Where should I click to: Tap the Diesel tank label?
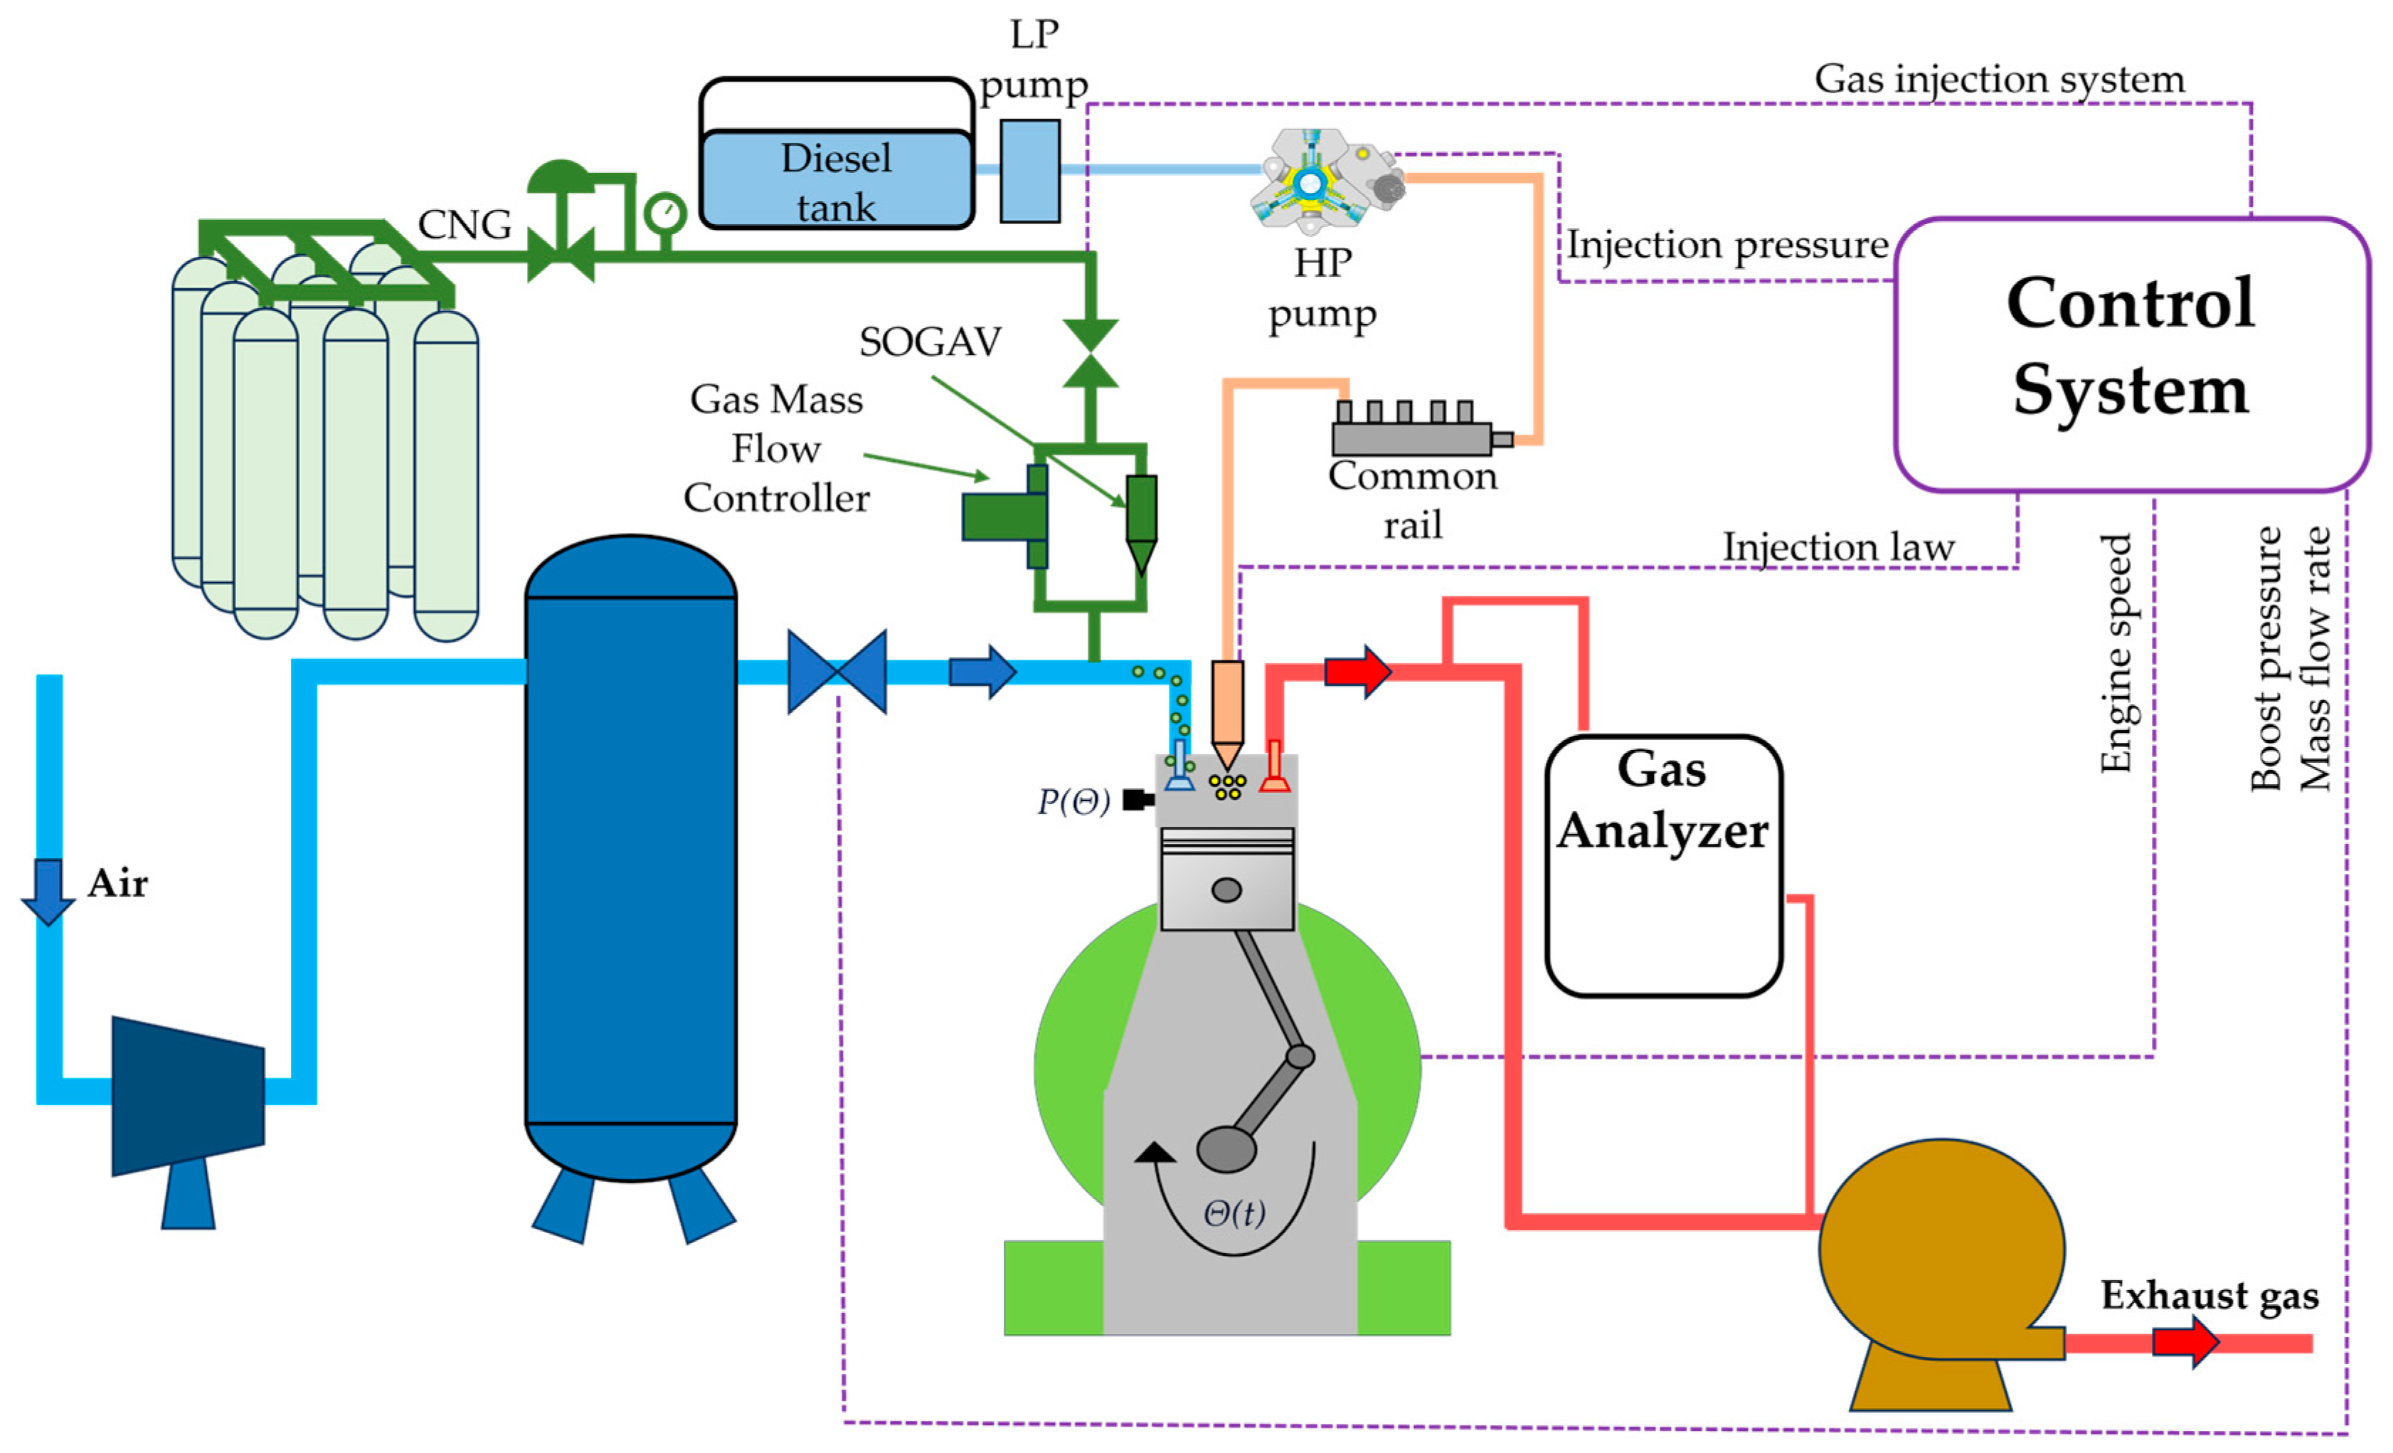[835, 181]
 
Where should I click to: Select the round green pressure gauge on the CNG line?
[665, 213]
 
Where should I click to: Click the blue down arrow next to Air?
[48, 889]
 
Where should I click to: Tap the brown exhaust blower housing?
[1941, 1253]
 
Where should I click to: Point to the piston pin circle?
[1226, 889]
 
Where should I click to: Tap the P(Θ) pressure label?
[1073, 801]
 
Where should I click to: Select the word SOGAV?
[930, 342]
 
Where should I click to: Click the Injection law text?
[1837, 546]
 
